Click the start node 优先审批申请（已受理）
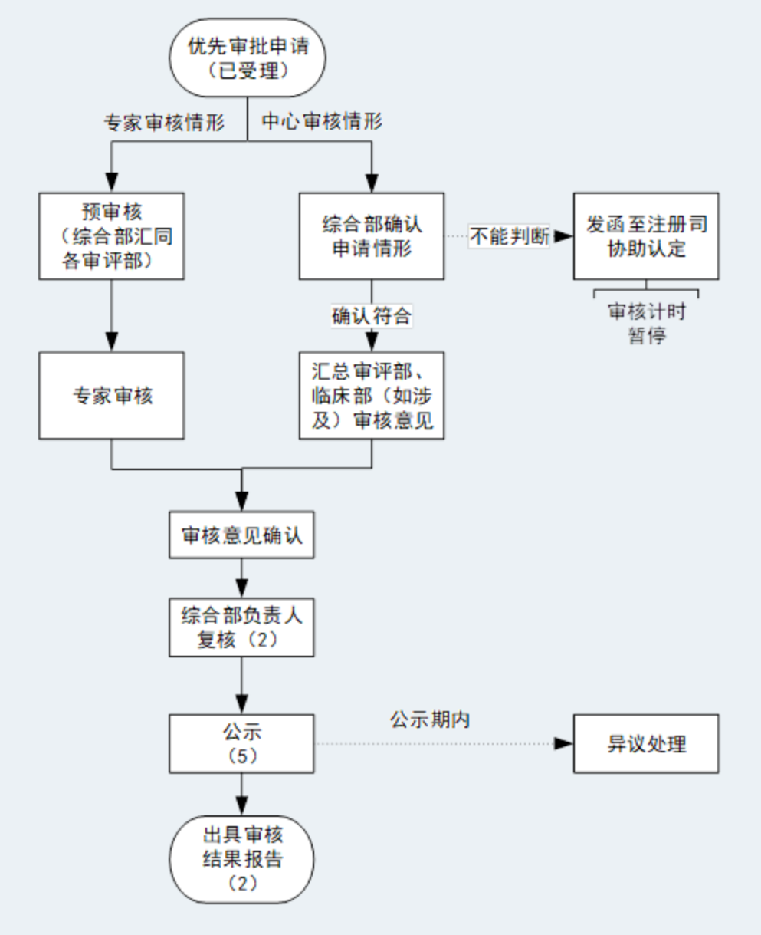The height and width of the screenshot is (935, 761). (x=248, y=58)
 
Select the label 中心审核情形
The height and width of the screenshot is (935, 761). (x=322, y=121)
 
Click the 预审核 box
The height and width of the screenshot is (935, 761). (x=112, y=235)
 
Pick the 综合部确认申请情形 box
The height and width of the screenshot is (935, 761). (x=372, y=236)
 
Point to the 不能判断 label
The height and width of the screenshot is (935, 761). (x=510, y=237)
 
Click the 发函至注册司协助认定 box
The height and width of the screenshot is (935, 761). (x=646, y=236)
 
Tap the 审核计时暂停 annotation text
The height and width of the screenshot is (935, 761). (x=646, y=324)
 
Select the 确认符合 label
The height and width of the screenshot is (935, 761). (x=372, y=316)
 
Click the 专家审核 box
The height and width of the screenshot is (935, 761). (x=112, y=396)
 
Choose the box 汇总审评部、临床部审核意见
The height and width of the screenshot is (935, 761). (x=372, y=396)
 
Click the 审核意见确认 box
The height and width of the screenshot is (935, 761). (x=241, y=535)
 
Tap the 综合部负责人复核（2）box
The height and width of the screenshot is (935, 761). (x=241, y=627)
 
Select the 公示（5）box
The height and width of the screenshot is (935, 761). (x=241, y=743)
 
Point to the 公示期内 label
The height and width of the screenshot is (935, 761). (x=429, y=720)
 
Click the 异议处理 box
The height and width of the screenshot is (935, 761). (x=646, y=743)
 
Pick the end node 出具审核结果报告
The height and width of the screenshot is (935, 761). (x=241, y=859)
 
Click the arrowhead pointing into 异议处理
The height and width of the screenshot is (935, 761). (x=564, y=743)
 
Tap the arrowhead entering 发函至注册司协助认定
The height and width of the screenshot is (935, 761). (x=564, y=237)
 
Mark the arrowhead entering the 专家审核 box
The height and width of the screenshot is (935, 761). (x=112, y=343)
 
